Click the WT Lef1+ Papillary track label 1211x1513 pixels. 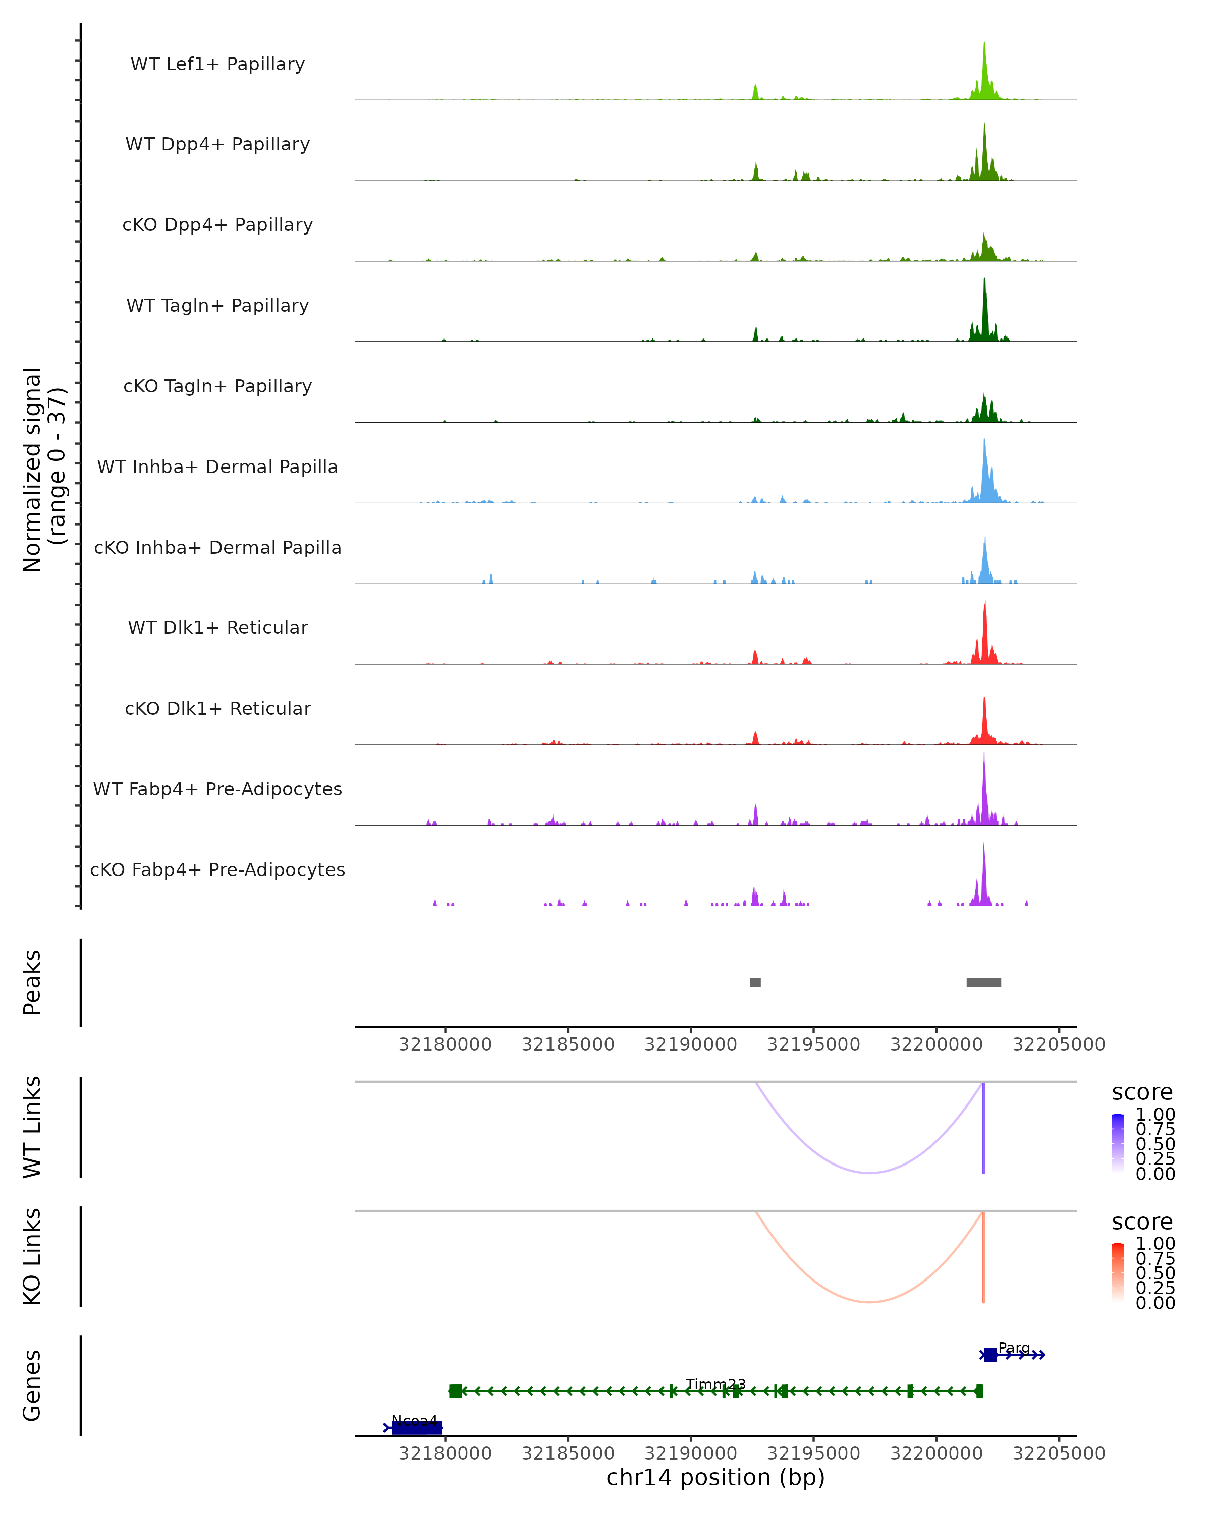coord(217,64)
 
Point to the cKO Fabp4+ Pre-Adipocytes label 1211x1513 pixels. coord(217,869)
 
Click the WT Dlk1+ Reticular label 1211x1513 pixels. coord(217,627)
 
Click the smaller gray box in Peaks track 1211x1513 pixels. coord(755,982)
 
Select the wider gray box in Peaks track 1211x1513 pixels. coord(983,982)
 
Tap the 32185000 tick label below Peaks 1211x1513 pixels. coord(568,1044)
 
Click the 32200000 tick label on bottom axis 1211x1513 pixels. coord(936,1453)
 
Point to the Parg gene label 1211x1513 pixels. coord(1014,1348)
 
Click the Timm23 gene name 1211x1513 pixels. coord(715,1384)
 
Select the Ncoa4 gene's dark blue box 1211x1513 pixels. coord(416,1427)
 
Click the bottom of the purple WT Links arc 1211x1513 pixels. coord(869,1173)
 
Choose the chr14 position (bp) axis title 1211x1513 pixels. coord(715,1477)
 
